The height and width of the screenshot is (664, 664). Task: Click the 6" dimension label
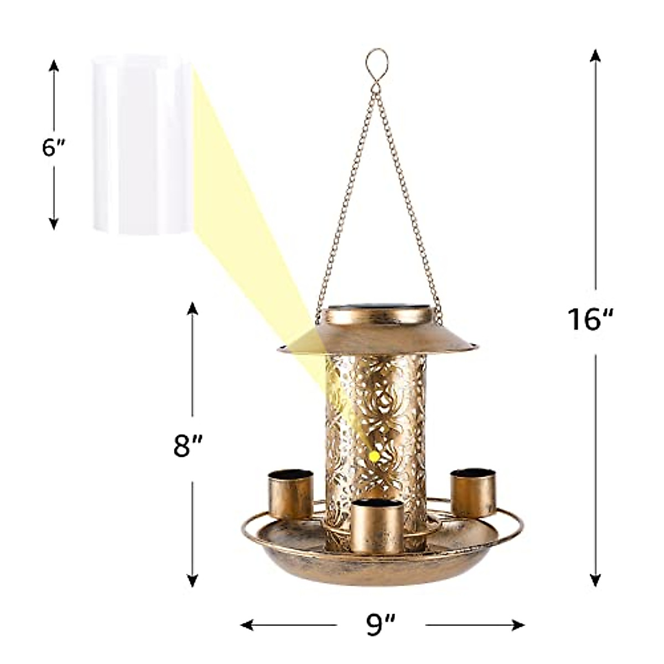click(x=53, y=148)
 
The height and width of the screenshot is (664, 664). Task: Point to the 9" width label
click(x=381, y=625)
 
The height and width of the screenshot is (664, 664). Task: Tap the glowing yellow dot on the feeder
click(x=374, y=456)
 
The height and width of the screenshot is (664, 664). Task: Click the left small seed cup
click(x=291, y=494)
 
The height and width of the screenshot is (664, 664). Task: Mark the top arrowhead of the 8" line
click(x=192, y=308)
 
